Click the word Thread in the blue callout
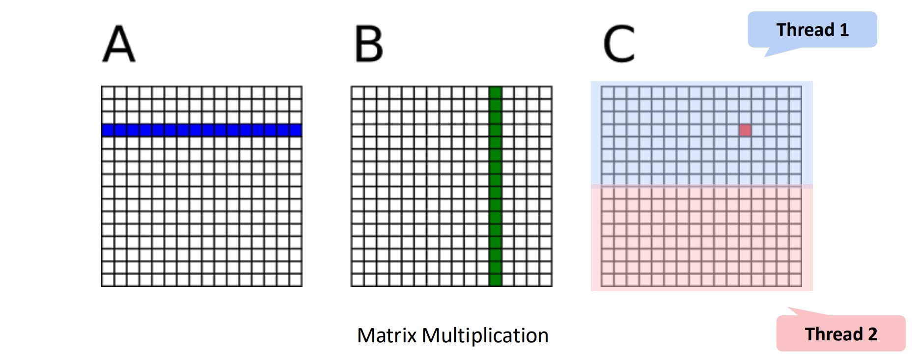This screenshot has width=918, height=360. coord(805,30)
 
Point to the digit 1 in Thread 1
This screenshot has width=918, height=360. coord(844,30)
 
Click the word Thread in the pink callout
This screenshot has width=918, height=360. coord(834,334)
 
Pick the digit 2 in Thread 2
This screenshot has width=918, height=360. coord(873,334)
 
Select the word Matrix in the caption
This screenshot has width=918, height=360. coord(387,335)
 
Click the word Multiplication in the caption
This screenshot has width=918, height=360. coord(485,335)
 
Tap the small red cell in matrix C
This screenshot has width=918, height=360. coord(745,130)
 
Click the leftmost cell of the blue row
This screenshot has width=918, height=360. coord(108,130)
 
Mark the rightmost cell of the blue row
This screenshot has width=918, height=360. coord(296,130)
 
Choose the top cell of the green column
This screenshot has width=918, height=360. coord(495,92)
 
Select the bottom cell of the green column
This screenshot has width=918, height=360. coord(495,280)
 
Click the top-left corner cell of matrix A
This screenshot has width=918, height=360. coord(108,92)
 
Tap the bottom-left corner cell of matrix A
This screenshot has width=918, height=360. coord(108,280)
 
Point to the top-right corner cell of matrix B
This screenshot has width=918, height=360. coord(545,92)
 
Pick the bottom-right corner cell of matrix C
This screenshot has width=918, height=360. coord(795,280)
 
